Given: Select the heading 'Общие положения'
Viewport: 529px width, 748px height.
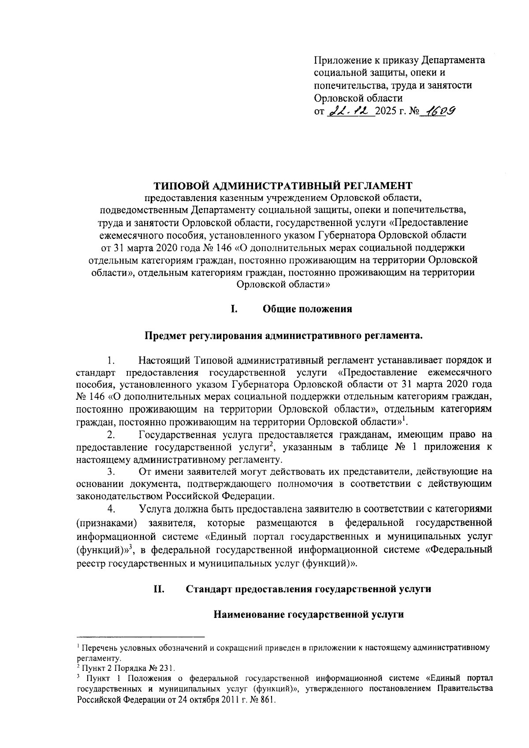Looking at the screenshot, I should coord(307,309).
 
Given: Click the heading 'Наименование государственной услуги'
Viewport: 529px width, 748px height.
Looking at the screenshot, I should coord(309,614).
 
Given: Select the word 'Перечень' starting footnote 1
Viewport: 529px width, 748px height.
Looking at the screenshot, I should coord(97,648).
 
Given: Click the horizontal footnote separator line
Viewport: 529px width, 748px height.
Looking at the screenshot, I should coord(141,637).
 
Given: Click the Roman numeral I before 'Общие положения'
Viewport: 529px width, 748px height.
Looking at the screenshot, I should coord(234,309).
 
